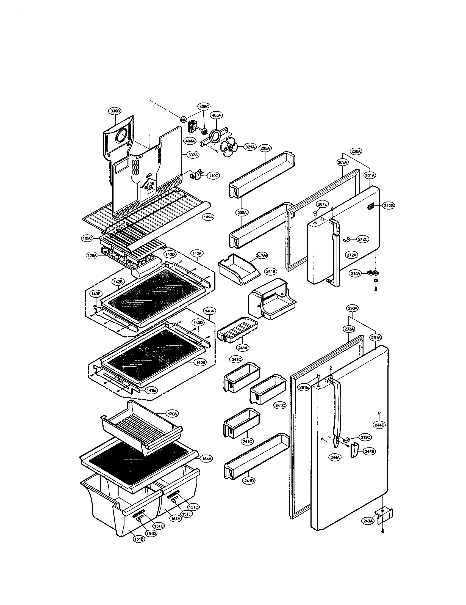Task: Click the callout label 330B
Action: [115, 111]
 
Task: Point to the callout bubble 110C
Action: [212, 175]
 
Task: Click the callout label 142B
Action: [117, 282]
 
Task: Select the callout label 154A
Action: [207, 459]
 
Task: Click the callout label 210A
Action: [356, 274]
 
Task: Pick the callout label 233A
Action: [349, 329]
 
